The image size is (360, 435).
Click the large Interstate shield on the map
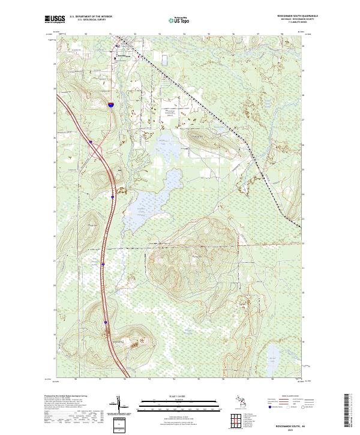pyautogui.click(x=112, y=104)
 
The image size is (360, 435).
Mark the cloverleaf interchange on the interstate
pyautogui.click(x=96, y=149)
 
